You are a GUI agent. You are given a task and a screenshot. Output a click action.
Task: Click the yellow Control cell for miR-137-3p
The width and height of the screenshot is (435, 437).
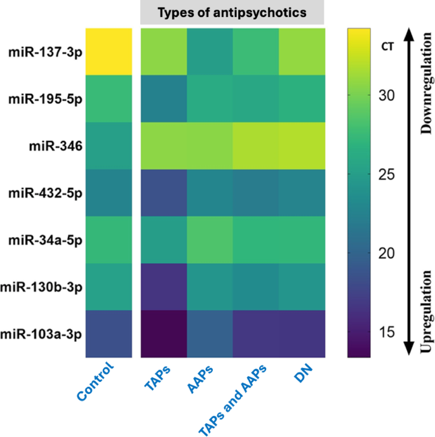coord(109,51)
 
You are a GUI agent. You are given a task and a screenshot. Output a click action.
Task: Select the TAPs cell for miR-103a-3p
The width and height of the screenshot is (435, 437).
coord(164,334)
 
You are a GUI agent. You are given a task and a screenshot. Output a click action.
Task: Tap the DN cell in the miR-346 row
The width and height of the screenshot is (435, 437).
coord(302,146)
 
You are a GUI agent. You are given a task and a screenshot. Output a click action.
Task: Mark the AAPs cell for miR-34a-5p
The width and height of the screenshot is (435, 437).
coord(210,240)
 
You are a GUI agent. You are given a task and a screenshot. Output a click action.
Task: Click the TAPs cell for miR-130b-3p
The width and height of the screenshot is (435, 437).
coord(164,287)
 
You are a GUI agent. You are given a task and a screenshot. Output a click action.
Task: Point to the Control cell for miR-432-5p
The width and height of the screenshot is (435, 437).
coord(109,193)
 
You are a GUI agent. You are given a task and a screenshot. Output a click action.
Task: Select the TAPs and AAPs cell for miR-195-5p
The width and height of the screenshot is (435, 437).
coord(256,99)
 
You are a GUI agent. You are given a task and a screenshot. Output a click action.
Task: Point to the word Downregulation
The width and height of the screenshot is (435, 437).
coord(425,95)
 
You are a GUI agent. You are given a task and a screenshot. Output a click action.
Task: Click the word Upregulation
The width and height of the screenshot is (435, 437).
coord(425,311)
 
